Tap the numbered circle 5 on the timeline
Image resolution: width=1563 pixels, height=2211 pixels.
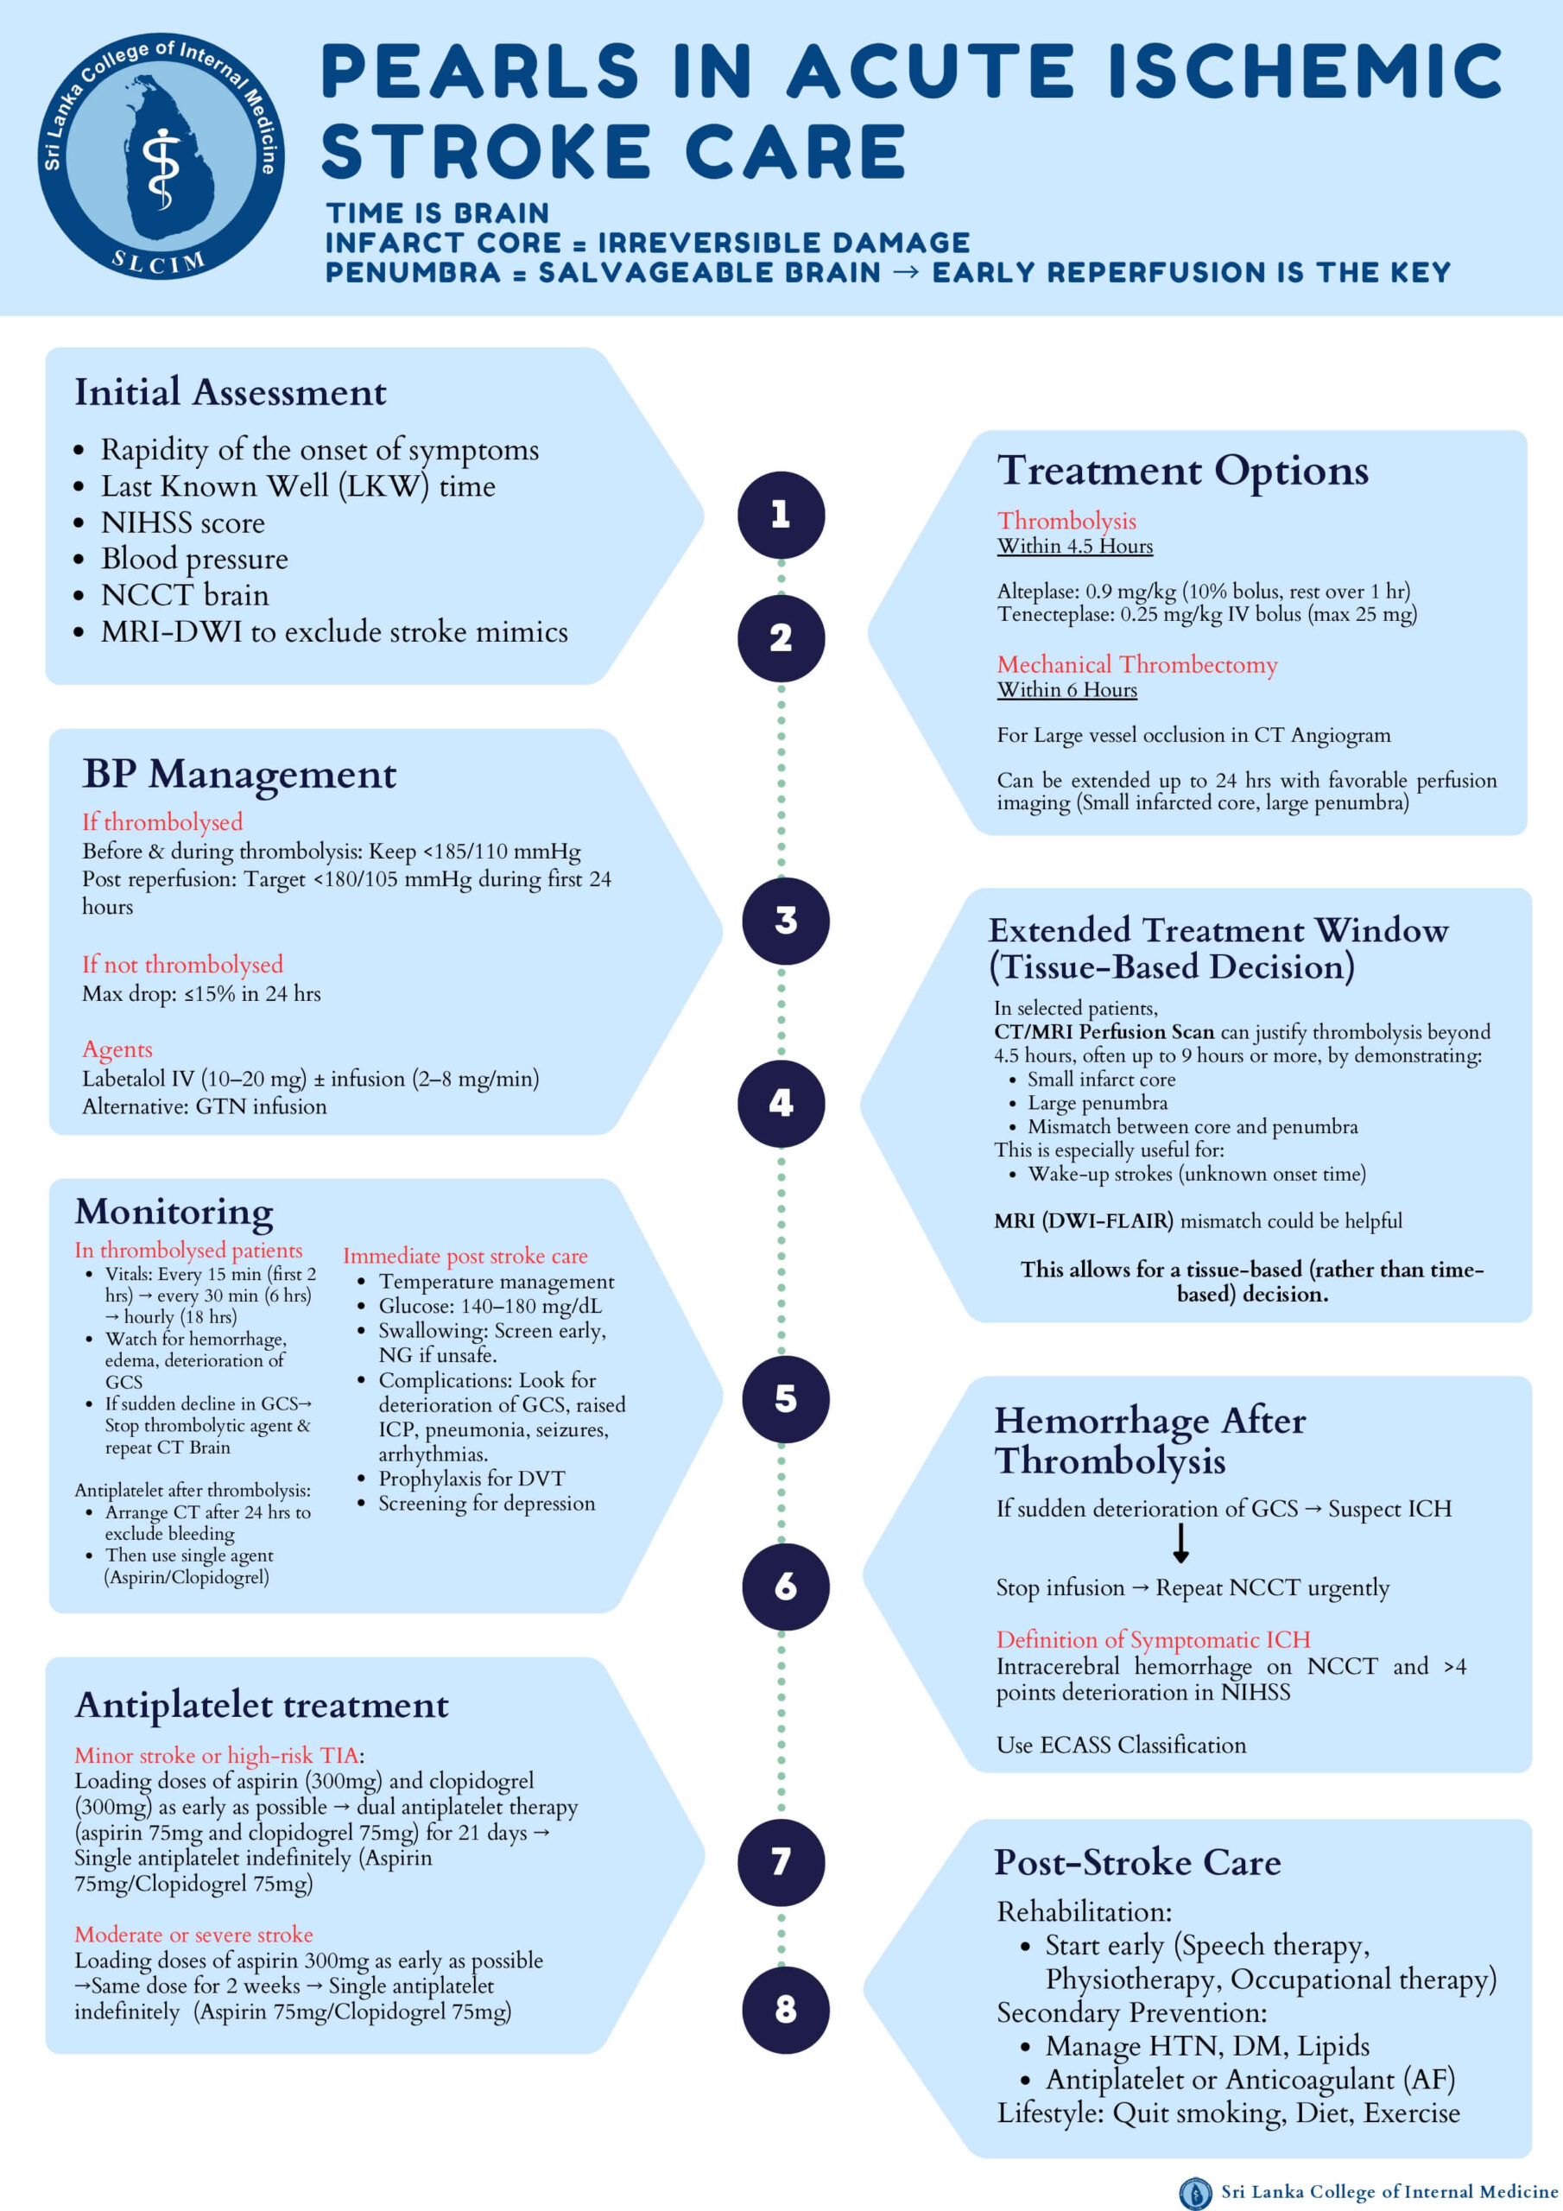[785, 1398]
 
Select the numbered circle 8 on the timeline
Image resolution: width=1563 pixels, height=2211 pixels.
[785, 2009]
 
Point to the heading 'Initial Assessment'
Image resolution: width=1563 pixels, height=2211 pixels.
[231, 392]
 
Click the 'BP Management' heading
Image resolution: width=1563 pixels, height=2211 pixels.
[239, 774]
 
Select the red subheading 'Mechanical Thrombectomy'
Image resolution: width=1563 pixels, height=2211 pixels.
[1136, 664]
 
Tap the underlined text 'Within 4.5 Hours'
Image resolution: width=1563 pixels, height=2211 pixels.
[1075, 546]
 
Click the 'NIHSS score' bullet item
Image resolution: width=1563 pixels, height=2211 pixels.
[183, 523]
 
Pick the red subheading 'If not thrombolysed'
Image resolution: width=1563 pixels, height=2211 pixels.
[182, 964]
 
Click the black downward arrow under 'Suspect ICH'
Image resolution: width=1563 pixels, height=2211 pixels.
[1180, 1542]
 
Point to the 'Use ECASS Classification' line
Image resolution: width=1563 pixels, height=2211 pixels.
[1121, 1745]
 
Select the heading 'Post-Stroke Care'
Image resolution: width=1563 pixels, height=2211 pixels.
[1137, 1861]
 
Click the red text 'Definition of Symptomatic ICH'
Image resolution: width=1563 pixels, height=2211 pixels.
[1153, 1639]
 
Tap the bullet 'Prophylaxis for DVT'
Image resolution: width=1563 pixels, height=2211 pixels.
[471, 1478]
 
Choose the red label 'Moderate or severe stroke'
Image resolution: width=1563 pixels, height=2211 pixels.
[193, 1934]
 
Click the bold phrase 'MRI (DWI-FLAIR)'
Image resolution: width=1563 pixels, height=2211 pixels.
[1084, 1221]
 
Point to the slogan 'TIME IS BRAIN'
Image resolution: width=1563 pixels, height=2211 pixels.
[437, 212]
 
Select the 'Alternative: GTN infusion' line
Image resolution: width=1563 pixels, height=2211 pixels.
[204, 1106]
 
